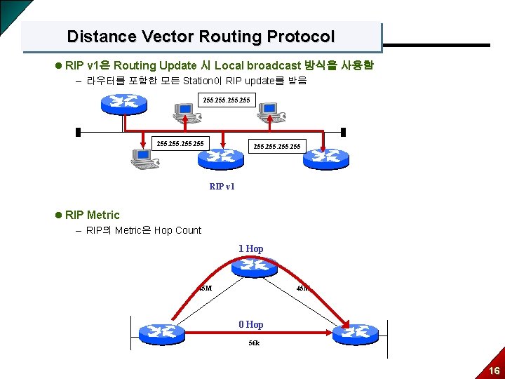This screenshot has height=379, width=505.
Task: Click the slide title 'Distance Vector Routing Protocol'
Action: click(201, 36)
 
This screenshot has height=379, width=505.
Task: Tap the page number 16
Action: click(494, 371)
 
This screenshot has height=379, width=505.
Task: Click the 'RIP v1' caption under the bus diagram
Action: click(222, 186)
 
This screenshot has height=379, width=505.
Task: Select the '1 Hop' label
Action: click(250, 248)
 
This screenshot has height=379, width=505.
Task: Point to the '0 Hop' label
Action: click(250, 324)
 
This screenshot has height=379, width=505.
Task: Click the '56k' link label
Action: click(254, 343)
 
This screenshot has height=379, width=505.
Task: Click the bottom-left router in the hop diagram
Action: click(161, 334)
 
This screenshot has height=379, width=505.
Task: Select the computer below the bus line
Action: click(144, 161)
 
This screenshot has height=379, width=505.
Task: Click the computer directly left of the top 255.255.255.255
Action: click(184, 113)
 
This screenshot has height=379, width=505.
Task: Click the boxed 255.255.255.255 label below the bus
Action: click(180, 144)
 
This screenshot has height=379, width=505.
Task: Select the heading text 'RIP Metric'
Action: click(92, 215)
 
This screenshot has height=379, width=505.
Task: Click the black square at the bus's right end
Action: click(343, 132)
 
